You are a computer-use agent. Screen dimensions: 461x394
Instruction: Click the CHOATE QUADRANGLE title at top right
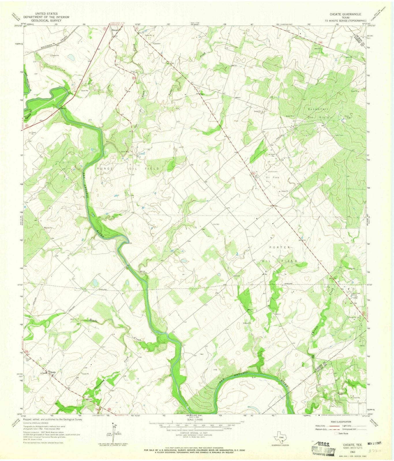pyautogui.click(x=345, y=14)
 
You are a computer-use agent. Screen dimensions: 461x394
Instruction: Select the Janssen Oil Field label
pyautogui.click(x=272, y=174)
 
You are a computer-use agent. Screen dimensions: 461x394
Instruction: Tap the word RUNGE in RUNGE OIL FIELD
pyautogui.click(x=104, y=168)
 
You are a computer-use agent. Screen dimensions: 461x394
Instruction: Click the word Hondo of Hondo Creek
pyautogui.click(x=92, y=320)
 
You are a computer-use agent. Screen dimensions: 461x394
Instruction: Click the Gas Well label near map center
pyautogui.click(x=216, y=224)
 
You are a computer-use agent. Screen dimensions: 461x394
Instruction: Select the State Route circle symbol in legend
pyautogui.click(x=336, y=433)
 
